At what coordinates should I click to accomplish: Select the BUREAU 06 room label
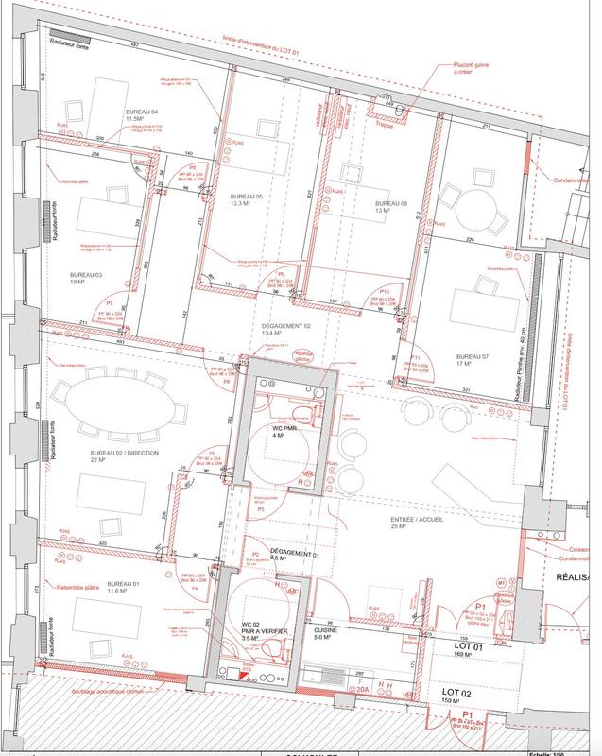pos(389,205)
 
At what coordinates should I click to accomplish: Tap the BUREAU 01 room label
pos(124,584)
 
